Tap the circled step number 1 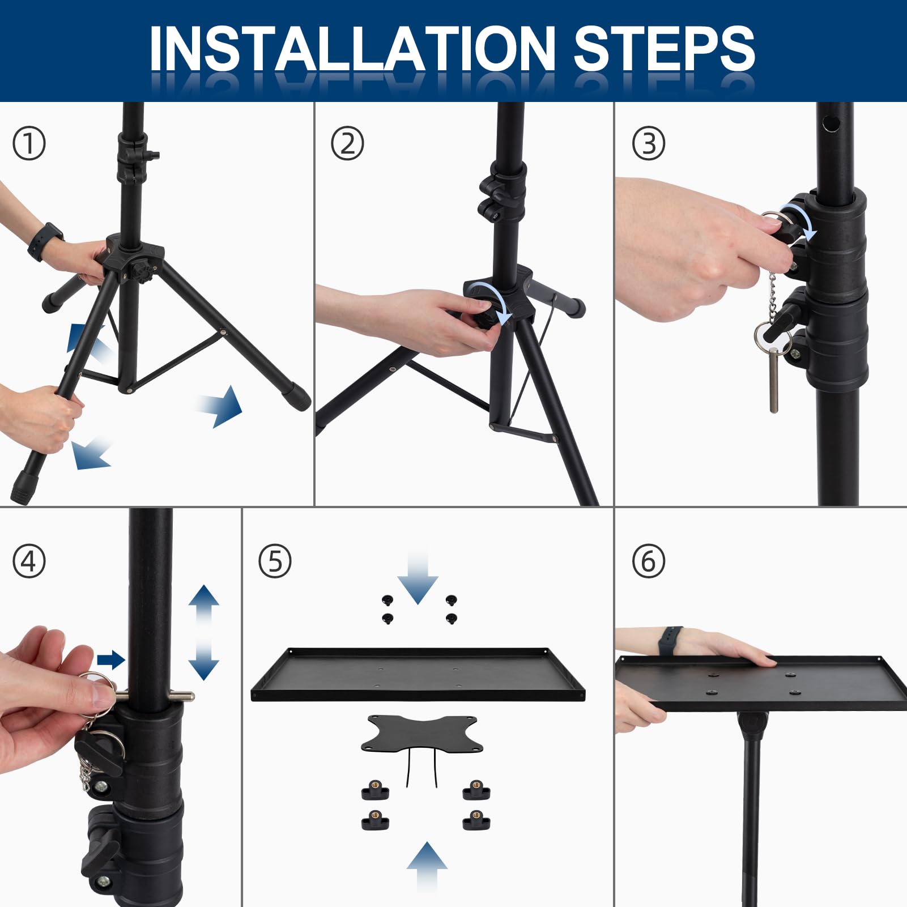point(29,144)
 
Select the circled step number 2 point(347,144)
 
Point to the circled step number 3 point(649,144)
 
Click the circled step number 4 point(29,561)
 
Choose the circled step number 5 point(275,561)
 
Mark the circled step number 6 point(649,561)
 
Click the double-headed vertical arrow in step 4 point(203,632)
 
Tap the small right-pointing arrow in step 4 point(111,659)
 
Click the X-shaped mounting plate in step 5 point(422,733)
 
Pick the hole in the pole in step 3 point(832,122)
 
